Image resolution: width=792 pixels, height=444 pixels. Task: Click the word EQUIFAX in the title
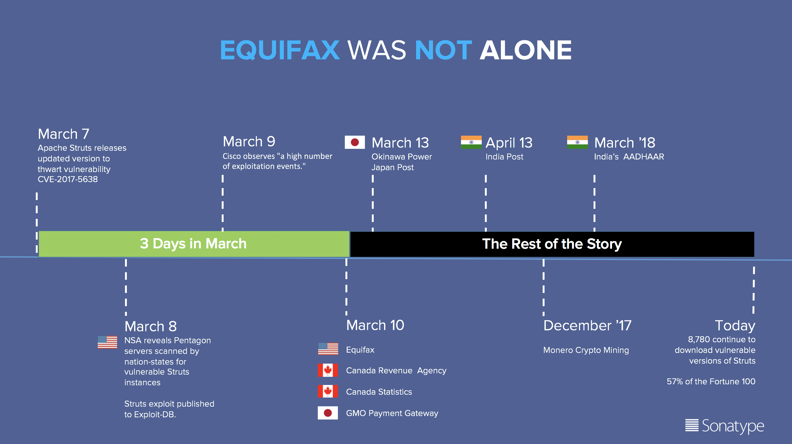click(280, 50)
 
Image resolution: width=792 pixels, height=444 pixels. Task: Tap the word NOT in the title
click(443, 50)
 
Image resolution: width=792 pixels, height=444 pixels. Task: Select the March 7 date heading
click(63, 134)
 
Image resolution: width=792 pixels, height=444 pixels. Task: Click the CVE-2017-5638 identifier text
click(68, 179)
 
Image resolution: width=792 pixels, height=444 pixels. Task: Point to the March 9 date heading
click(249, 142)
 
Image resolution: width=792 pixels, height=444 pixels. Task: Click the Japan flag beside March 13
click(355, 142)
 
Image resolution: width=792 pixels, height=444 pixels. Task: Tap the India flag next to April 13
click(471, 142)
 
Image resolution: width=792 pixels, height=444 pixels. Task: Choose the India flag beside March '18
click(577, 142)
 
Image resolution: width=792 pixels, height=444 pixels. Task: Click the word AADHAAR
click(644, 157)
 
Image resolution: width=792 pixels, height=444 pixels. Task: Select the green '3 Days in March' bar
click(194, 244)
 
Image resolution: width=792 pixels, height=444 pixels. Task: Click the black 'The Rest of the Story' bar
click(552, 244)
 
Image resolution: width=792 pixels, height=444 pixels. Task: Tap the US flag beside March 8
click(107, 342)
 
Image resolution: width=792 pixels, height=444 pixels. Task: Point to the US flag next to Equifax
click(328, 349)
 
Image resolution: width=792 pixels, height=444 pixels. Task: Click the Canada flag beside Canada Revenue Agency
click(328, 370)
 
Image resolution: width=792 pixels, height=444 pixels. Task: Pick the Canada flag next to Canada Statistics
click(328, 391)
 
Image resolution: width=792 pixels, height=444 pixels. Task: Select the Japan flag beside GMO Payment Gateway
click(328, 413)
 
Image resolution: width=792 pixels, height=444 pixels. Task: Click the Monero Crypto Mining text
click(586, 350)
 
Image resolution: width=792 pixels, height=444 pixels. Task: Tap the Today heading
click(735, 326)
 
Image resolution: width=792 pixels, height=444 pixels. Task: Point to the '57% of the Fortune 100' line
click(711, 382)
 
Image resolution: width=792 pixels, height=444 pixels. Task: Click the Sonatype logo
click(724, 426)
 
